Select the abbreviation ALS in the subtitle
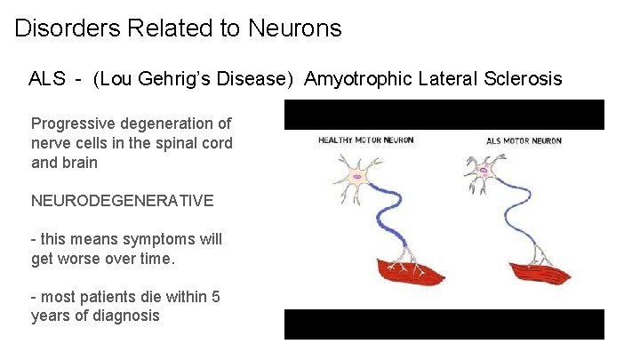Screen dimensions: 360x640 point(47,79)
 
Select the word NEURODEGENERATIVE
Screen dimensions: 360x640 point(122,201)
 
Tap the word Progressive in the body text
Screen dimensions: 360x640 point(74,124)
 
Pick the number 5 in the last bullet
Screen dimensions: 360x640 point(216,297)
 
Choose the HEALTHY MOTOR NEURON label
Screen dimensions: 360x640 point(365,140)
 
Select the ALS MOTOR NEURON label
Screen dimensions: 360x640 point(524,140)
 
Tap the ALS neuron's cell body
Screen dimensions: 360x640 point(484,169)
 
